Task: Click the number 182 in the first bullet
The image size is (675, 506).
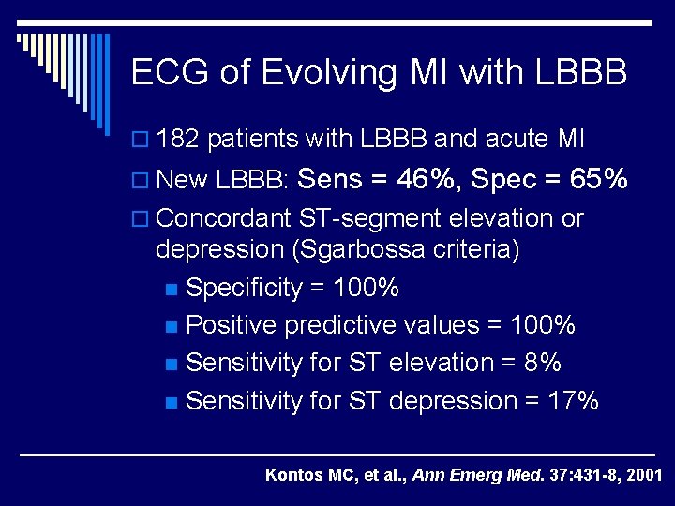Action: pyautogui.click(x=179, y=141)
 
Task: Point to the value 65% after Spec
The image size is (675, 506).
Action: pyautogui.click(x=595, y=178)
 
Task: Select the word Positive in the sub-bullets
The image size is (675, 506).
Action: pyautogui.click(x=231, y=325)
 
